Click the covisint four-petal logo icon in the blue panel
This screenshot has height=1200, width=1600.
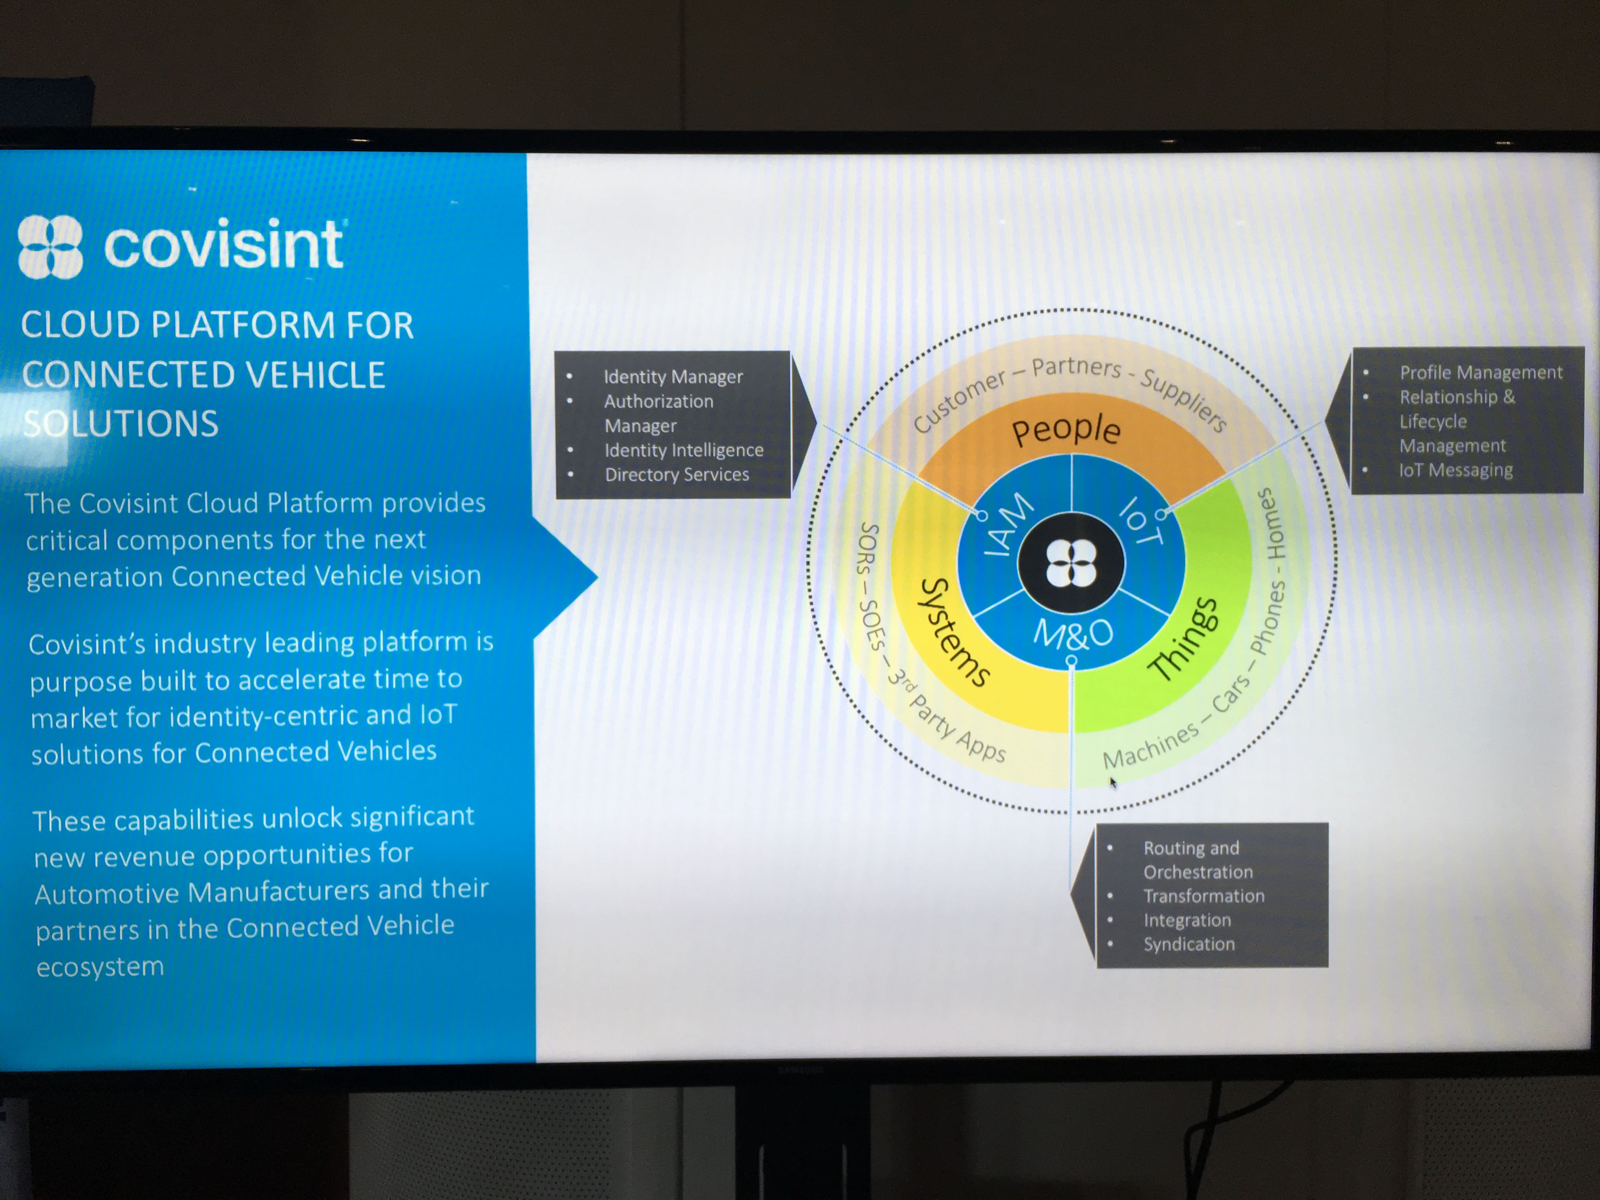point(50,247)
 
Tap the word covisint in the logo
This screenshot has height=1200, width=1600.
point(223,244)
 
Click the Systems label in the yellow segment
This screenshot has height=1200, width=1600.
point(953,631)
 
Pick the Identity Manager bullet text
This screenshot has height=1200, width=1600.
point(673,377)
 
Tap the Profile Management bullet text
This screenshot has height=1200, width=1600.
point(1481,373)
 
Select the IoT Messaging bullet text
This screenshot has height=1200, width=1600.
point(1455,470)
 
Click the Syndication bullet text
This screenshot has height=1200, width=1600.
point(1188,944)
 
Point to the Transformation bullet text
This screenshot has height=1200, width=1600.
point(1204,896)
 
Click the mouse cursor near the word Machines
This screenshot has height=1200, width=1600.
point(1112,781)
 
